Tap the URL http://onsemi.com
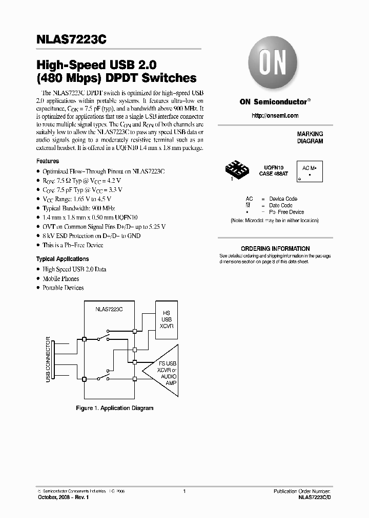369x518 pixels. point(275,116)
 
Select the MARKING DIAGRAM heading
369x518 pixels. point(310,137)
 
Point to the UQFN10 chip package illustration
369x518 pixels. point(237,169)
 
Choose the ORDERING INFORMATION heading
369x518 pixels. point(275,249)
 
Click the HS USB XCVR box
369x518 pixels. point(166,319)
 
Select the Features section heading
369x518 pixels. point(48,161)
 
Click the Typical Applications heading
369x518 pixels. point(63,259)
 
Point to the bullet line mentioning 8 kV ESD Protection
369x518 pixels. point(91,236)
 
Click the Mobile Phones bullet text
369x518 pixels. point(61,278)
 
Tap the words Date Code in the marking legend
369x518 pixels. point(281,205)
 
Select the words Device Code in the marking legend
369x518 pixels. point(283,199)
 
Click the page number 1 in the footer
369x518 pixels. point(184,491)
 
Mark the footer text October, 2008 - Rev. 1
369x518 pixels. point(63,498)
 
